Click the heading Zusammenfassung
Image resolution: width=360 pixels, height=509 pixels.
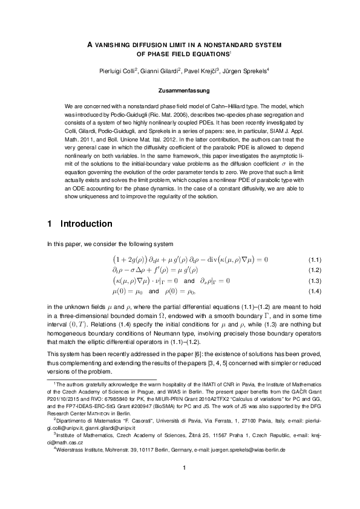[180, 92]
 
